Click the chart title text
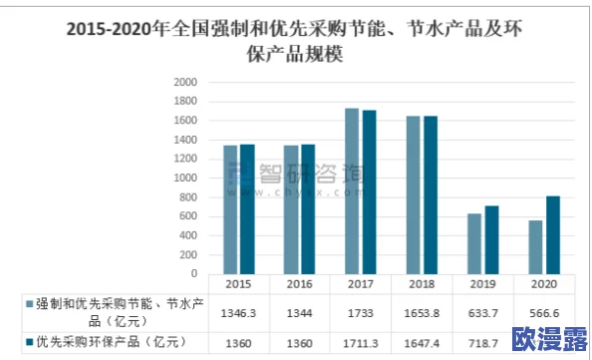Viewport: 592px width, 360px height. [x=295, y=41]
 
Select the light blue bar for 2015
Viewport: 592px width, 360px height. [x=231, y=210]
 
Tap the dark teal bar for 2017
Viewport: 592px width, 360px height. [x=370, y=193]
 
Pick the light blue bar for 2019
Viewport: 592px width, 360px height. [x=474, y=244]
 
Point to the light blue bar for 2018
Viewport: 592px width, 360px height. [x=415, y=195]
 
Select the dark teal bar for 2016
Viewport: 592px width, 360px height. [x=307, y=209]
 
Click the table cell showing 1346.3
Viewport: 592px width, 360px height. [x=239, y=312]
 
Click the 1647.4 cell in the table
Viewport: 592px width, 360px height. [x=422, y=342]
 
